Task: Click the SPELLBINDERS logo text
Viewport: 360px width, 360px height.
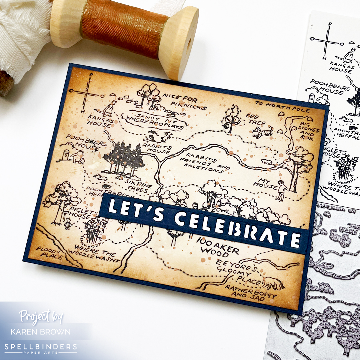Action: tap(40, 347)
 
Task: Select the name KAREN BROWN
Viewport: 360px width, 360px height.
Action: tap(40, 332)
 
